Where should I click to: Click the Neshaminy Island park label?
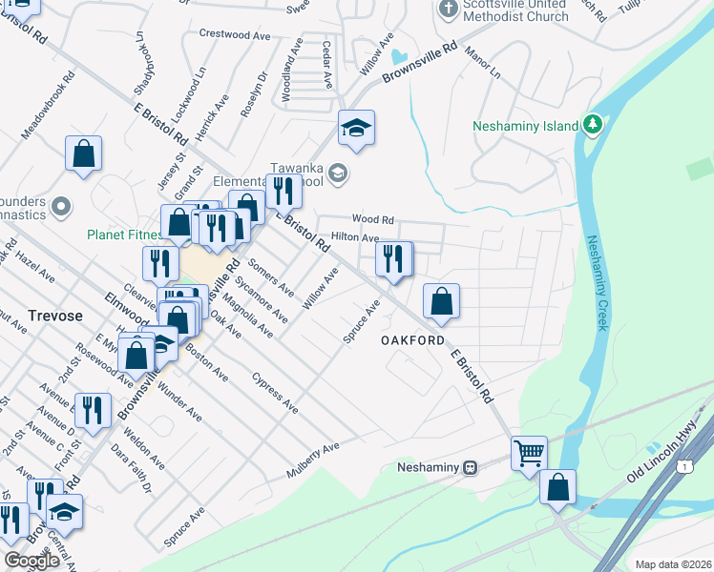pos(525,126)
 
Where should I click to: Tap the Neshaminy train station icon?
pos(470,468)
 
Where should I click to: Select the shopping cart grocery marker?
pos(529,452)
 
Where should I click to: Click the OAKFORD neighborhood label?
pos(412,340)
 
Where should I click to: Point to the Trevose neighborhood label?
pos(54,315)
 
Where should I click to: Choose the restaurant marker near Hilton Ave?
pos(393,257)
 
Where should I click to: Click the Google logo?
pos(31,561)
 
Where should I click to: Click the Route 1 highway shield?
pos(684,466)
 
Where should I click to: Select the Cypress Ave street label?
pos(275,392)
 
